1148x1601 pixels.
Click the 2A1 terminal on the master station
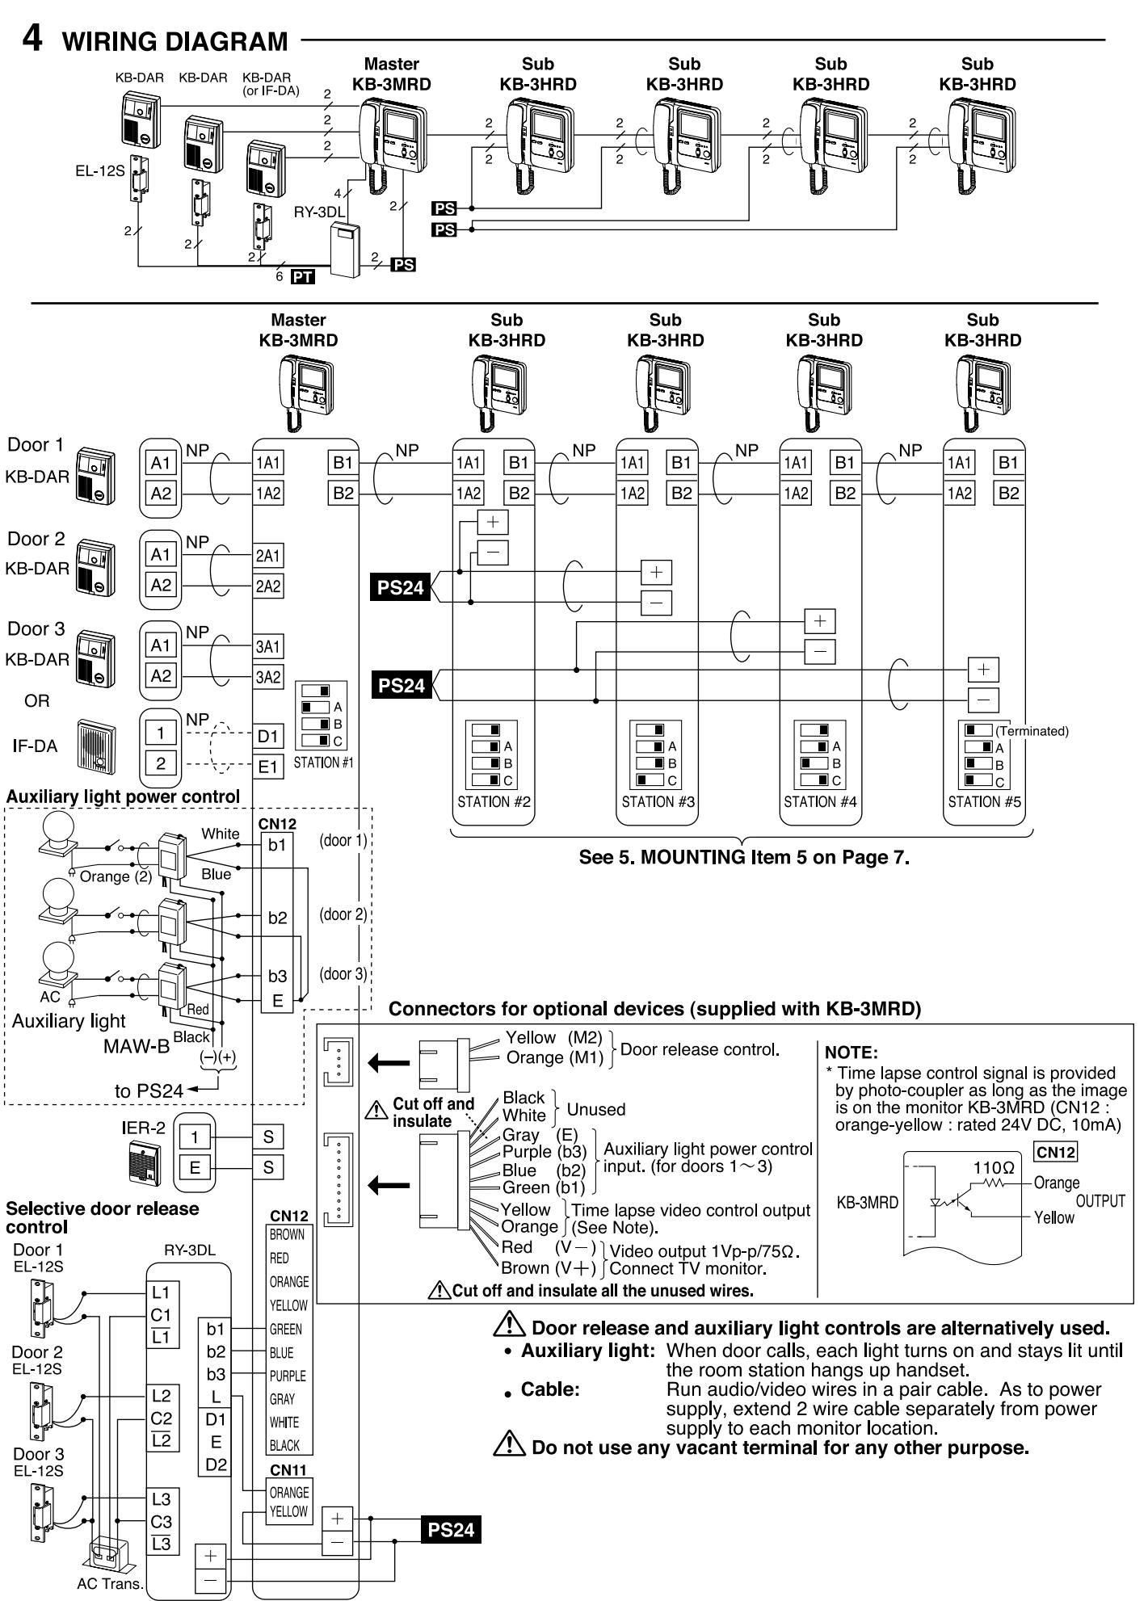click(268, 555)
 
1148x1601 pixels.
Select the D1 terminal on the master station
click(268, 737)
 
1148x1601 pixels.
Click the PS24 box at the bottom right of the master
click(451, 1530)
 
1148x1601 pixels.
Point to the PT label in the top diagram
click(304, 277)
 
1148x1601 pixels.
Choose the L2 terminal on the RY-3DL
click(162, 1395)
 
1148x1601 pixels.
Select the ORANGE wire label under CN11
click(288, 1492)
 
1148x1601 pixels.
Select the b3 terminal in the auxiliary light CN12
click(277, 976)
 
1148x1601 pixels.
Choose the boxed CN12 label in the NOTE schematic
click(1056, 1152)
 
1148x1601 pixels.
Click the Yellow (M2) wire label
click(554, 1038)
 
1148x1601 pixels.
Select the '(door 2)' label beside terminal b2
click(343, 914)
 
